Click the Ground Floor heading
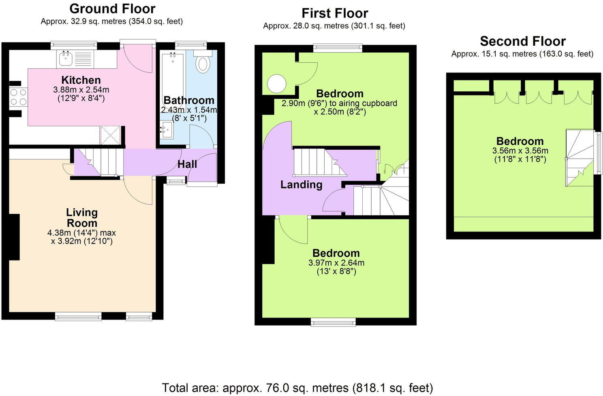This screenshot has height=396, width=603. (112, 8)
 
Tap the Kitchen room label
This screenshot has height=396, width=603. (81, 80)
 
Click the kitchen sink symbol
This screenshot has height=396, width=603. (65, 59)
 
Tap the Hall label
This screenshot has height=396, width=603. (187, 164)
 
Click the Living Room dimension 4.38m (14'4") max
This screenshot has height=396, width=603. (81, 233)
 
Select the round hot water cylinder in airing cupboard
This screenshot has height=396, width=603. (277, 84)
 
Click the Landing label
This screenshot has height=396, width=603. (301, 184)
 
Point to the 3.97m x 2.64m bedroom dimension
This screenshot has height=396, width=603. (336, 263)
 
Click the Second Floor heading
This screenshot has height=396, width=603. (522, 41)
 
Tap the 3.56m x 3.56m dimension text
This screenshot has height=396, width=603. (520, 151)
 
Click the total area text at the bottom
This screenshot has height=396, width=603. (297, 388)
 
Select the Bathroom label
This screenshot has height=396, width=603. (188, 100)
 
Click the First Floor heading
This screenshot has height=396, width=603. (335, 13)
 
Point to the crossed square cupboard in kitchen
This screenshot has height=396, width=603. (111, 135)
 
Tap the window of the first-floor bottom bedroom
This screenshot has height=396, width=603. (333, 322)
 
